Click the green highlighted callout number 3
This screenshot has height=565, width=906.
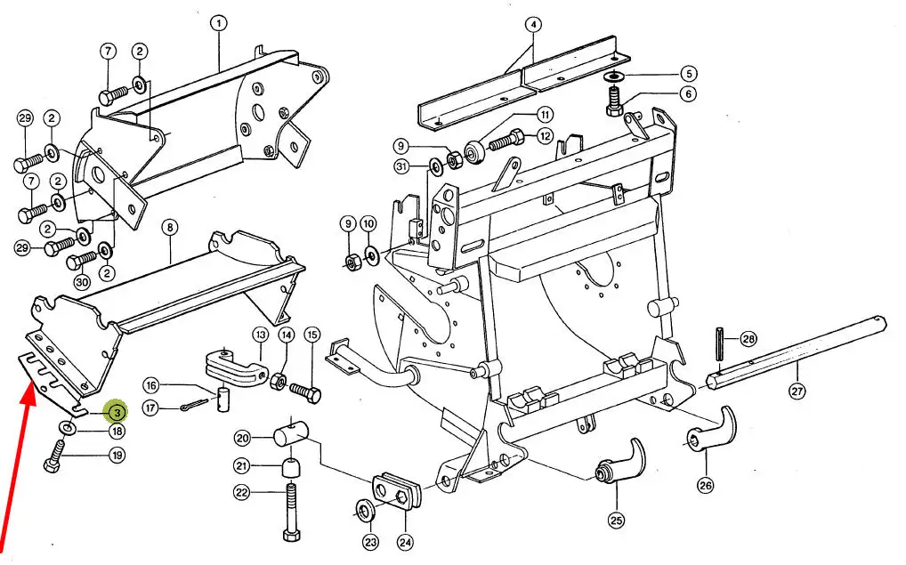pyautogui.click(x=117, y=412)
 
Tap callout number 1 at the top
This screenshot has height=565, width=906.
pyautogui.click(x=218, y=24)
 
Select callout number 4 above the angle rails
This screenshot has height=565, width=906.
pyautogui.click(x=533, y=25)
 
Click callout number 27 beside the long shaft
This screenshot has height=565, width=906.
pyautogui.click(x=797, y=391)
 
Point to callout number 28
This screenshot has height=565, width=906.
pyautogui.click(x=748, y=338)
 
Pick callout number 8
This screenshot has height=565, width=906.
pyautogui.click(x=170, y=228)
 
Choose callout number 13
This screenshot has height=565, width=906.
pyautogui.click(x=261, y=335)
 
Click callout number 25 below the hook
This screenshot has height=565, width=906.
pyautogui.click(x=617, y=520)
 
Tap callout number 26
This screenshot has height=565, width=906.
pyautogui.click(x=706, y=485)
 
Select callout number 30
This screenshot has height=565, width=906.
pyautogui.click(x=82, y=283)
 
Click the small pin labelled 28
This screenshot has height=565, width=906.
pyautogui.click(x=720, y=343)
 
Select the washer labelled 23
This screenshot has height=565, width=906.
pyautogui.click(x=365, y=512)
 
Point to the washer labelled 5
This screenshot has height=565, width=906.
pyautogui.click(x=613, y=76)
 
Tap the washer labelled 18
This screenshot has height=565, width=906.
pyautogui.click(x=67, y=427)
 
